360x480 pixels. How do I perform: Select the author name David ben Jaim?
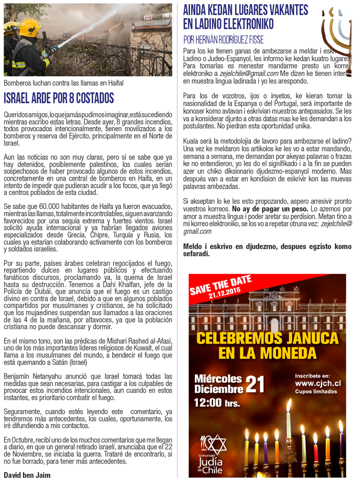27,475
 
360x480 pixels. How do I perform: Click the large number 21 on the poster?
256,383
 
